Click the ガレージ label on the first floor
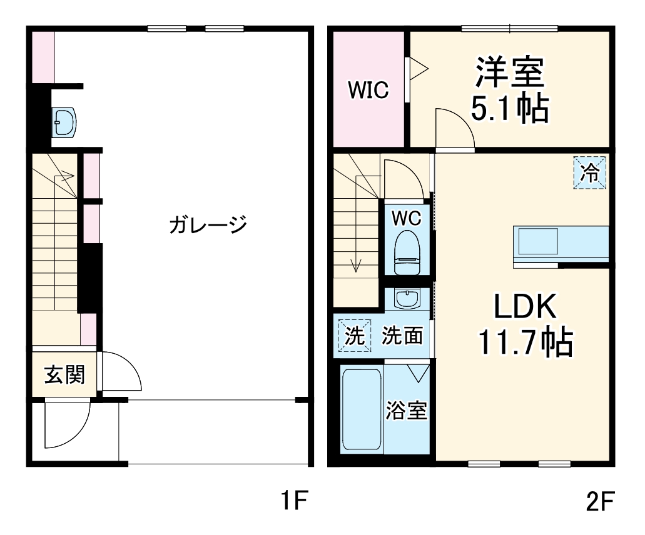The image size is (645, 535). pyautogui.click(x=208, y=224)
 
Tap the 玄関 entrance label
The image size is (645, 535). pyautogui.click(x=64, y=375)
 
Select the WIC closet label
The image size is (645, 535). pyautogui.click(x=368, y=89)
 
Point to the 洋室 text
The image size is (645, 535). pyautogui.click(x=510, y=72)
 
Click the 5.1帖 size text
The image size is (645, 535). pyautogui.click(x=510, y=109)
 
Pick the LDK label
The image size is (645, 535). pyautogui.click(x=526, y=306)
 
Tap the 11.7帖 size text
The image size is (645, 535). pyautogui.click(x=526, y=341)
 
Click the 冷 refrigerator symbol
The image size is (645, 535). pyautogui.click(x=590, y=172)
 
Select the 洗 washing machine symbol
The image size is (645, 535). pyautogui.click(x=355, y=336)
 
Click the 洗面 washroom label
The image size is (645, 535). pyautogui.click(x=402, y=336)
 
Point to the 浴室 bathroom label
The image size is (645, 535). pyautogui.click(x=406, y=409)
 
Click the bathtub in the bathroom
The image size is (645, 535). pyautogui.click(x=362, y=409)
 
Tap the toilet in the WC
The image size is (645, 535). pyautogui.click(x=407, y=252)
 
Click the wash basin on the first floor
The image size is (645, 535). pyautogui.click(x=64, y=122)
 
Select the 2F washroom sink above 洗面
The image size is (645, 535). pyautogui.click(x=407, y=298)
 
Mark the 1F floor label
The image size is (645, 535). pyautogui.click(x=293, y=500)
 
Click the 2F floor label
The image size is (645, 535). pyautogui.click(x=600, y=500)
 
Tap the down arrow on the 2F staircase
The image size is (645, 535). pyautogui.click(x=356, y=224)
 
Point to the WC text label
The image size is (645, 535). pyautogui.click(x=407, y=218)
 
